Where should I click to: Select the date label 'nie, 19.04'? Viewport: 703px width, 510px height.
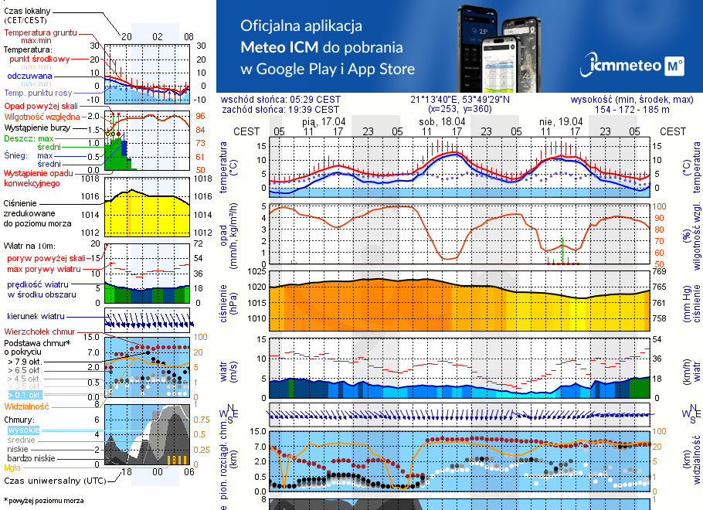click(560, 121)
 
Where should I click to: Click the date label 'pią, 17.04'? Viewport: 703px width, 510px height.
click(323, 121)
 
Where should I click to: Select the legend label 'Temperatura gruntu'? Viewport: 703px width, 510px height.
click(40, 33)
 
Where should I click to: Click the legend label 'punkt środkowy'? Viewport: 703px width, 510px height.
click(39, 59)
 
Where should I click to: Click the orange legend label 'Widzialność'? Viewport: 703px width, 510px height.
click(26, 406)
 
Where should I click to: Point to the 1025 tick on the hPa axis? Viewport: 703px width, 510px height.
click(255, 271)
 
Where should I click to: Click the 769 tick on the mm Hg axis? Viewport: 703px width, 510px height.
click(659, 271)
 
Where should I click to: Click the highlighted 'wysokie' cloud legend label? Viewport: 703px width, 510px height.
click(22, 430)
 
